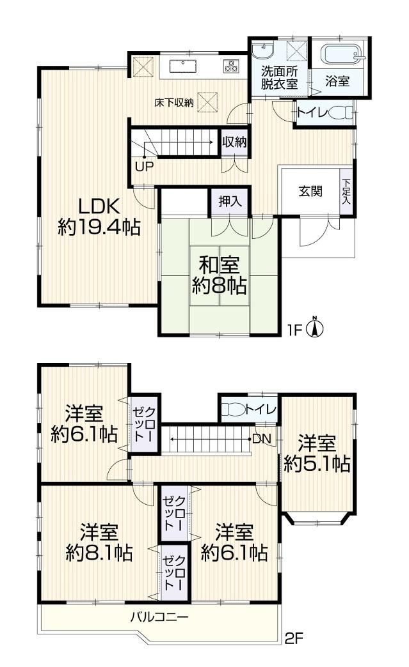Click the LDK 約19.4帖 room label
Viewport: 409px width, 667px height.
(x=99, y=217)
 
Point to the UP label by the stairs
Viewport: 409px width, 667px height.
(x=145, y=166)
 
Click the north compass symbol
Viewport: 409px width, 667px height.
(x=315, y=328)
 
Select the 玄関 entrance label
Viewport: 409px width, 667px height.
(x=310, y=192)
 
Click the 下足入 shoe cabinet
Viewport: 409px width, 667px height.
(x=346, y=191)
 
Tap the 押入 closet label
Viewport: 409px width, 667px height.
(x=230, y=201)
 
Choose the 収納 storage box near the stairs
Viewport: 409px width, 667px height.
(x=235, y=142)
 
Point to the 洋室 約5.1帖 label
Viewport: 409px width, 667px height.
(x=317, y=453)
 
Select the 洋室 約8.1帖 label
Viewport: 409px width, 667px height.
(x=99, y=543)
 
